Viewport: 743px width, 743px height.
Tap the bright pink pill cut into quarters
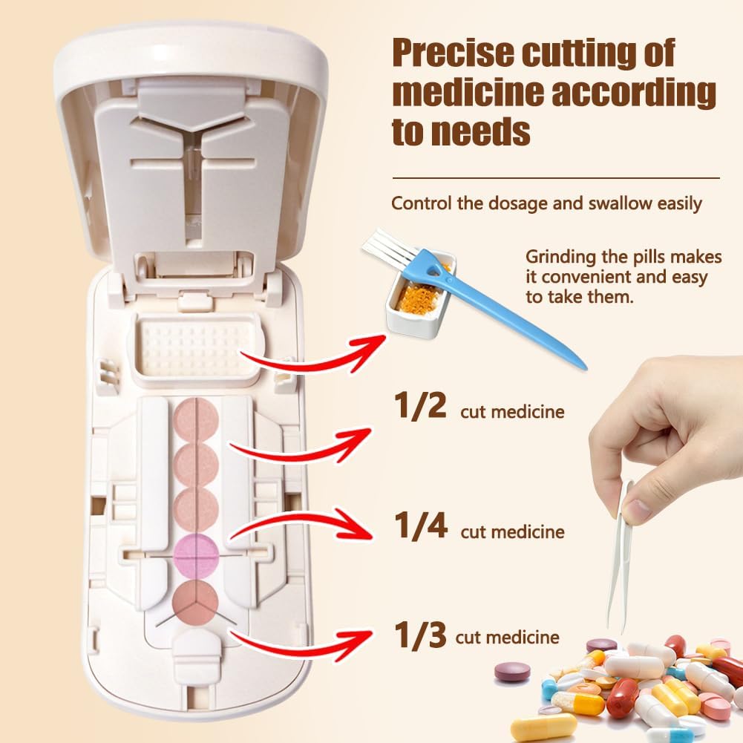pyautogui.click(x=196, y=554)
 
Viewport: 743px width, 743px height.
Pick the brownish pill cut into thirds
pyautogui.click(x=195, y=603)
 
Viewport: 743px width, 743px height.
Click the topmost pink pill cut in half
pyautogui.click(x=196, y=420)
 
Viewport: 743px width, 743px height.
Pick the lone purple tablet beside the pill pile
pyautogui.click(x=513, y=672)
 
